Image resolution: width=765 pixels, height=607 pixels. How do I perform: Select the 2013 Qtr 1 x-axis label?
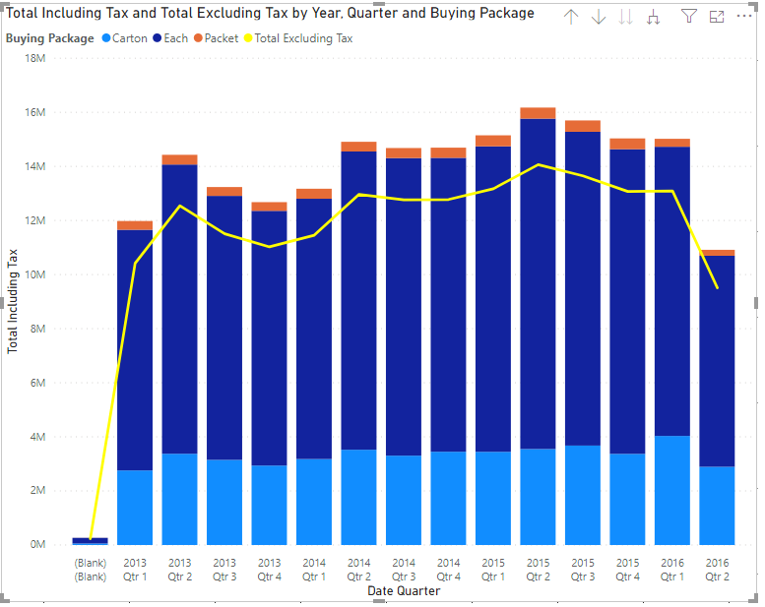pyautogui.click(x=135, y=570)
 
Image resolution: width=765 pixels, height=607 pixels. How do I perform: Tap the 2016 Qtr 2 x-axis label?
pyautogui.click(x=717, y=570)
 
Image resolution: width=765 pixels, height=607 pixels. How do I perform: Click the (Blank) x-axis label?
pyautogui.click(x=90, y=570)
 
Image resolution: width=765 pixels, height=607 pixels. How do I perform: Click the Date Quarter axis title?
pyautogui.click(x=404, y=591)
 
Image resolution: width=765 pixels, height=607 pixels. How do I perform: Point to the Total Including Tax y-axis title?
pyautogui.click(x=14, y=301)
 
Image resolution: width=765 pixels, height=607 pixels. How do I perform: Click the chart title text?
pyautogui.click(x=271, y=14)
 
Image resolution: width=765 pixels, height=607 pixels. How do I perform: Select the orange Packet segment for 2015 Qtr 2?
pyautogui.click(x=538, y=113)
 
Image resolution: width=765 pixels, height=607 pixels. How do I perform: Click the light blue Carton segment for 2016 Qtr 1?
pyautogui.click(x=671, y=490)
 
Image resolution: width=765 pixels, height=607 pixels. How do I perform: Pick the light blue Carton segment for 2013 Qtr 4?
pyautogui.click(x=269, y=505)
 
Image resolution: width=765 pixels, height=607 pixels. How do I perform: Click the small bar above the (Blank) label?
pyautogui.click(x=90, y=540)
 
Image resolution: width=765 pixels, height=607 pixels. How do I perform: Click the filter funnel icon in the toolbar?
pyautogui.click(x=689, y=17)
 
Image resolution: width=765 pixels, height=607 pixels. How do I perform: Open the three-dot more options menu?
pyautogui.click(x=743, y=17)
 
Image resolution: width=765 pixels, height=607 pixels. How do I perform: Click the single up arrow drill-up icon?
pyautogui.click(x=571, y=17)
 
